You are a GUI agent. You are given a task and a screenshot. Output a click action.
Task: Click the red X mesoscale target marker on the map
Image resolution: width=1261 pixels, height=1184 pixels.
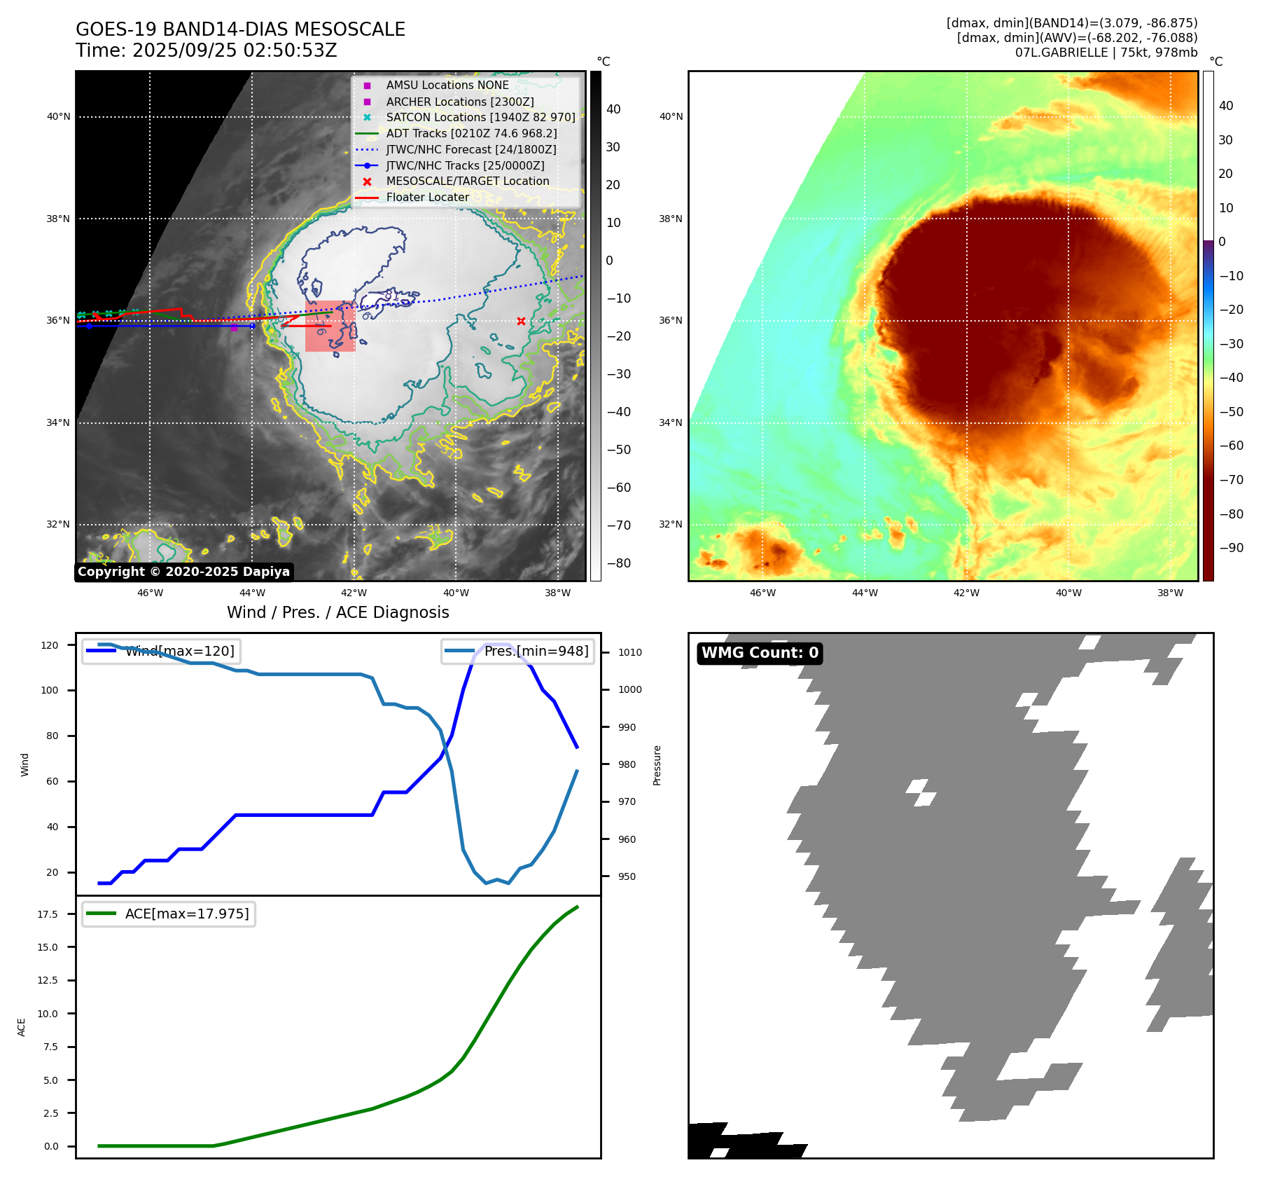[x=521, y=322]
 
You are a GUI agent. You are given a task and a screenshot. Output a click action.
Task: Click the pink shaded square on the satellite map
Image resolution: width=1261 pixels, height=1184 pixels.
[x=330, y=326]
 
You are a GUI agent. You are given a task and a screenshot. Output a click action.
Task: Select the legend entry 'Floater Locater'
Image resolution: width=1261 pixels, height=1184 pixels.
[x=427, y=198]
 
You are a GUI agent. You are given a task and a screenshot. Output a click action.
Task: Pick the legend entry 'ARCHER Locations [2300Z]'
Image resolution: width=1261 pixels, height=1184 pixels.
[x=459, y=102]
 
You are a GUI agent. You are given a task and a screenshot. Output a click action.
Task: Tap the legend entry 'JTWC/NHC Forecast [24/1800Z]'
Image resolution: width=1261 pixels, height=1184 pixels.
[x=471, y=150]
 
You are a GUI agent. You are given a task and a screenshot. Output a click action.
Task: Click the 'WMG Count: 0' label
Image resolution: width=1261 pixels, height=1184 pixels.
[x=760, y=653]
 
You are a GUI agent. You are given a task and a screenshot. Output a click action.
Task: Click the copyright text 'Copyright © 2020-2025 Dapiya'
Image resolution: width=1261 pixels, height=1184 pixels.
[x=183, y=572]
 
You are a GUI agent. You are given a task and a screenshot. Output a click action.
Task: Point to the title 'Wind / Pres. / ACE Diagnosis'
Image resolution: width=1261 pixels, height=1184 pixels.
[x=337, y=612]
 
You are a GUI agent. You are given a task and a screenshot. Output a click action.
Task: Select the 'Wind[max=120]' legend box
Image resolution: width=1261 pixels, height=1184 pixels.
[x=161, y=651]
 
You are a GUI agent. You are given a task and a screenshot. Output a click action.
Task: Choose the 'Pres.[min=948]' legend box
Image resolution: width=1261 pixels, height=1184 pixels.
[x=517, y=651]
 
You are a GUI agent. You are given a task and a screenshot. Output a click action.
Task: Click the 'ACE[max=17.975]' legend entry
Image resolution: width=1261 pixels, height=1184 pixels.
[x=169, y=914]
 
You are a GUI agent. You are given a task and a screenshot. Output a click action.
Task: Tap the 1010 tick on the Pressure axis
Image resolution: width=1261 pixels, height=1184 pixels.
[x=629, y=652]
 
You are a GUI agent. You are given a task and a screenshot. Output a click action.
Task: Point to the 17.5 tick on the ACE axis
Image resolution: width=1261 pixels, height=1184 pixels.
[x=48, y=914]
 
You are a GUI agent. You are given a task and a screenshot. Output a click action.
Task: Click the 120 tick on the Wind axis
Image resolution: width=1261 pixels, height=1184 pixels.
[x=50, y=645]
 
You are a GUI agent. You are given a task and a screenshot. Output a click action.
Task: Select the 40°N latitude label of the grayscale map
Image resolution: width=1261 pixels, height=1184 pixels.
[x=58, y=117]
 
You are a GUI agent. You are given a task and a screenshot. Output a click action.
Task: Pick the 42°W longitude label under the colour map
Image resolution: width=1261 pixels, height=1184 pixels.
[x=966, y=593]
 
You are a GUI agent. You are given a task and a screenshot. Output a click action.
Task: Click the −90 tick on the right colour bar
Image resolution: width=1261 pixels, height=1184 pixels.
[x=1231, y=548]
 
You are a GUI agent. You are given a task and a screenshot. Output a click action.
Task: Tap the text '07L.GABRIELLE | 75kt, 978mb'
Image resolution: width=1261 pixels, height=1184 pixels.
[x=1106, y=53]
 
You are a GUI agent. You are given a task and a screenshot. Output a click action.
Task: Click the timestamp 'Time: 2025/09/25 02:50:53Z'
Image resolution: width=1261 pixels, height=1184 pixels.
[x=207, y=51]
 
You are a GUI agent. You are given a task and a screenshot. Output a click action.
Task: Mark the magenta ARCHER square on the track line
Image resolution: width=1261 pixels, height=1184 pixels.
[x=234, y=327]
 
